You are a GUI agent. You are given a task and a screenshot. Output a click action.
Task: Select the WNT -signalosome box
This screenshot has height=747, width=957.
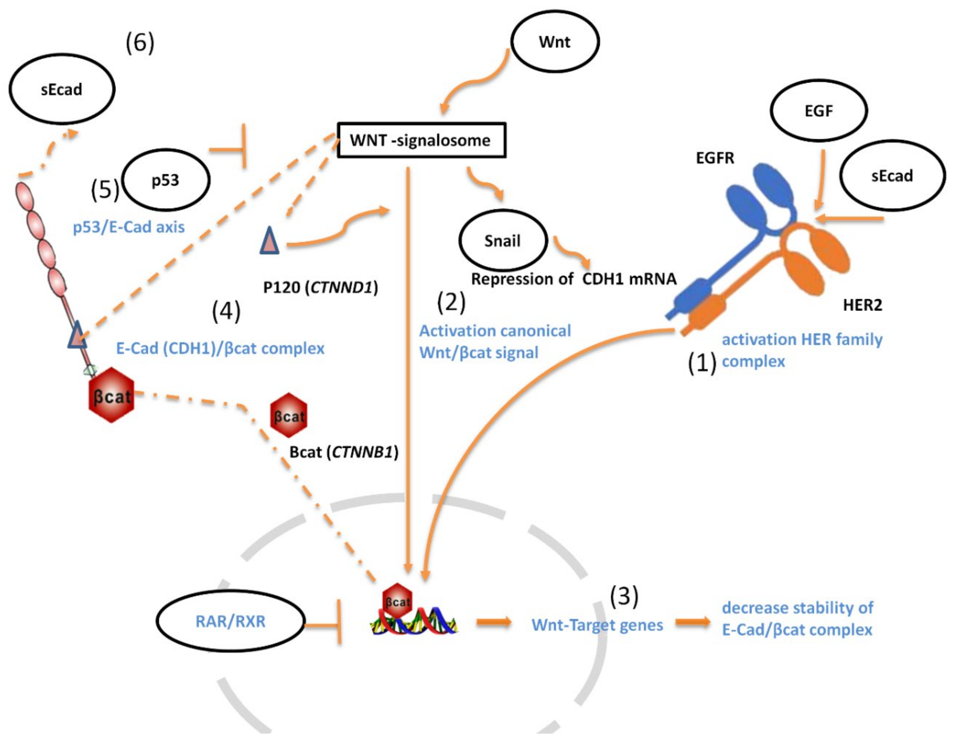(421, 140)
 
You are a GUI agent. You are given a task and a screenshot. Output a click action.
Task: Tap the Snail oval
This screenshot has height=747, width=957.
(503, 240)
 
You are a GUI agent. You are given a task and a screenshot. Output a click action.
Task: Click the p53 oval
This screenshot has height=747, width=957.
(166, 180)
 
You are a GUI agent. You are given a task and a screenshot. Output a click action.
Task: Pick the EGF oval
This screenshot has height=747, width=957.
(819, 110)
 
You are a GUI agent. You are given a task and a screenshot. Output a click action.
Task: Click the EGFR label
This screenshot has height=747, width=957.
(715, 158)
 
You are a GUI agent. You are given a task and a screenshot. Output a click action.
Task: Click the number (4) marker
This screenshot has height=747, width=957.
(226, 311)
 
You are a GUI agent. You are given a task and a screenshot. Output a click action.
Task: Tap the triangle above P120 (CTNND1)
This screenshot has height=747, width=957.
(269, 240)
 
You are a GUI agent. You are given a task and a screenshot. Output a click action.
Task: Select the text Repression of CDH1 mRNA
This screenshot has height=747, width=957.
(573, 279)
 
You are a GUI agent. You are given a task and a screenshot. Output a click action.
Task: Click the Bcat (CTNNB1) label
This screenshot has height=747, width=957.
(344, 452)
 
